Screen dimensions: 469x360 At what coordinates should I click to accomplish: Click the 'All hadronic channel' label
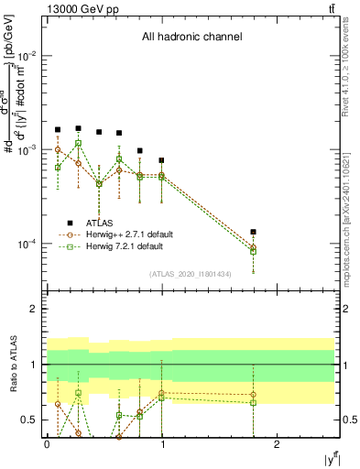(191, 38)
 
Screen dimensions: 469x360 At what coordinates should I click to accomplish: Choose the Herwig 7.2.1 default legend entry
(129, 246)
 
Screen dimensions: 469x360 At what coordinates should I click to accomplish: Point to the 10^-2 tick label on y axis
(27, 56)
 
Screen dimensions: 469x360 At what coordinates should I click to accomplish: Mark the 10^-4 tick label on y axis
(27, 244)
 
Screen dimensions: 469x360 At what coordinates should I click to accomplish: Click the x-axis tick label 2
(278, 444)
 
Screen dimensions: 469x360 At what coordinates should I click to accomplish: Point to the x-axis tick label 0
(46, 444)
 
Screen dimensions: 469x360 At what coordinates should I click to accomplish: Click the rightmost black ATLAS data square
(253, 233)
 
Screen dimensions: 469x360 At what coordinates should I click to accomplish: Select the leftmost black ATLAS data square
(58, 130)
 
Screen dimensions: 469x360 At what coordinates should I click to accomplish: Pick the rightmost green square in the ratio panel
(253, 403)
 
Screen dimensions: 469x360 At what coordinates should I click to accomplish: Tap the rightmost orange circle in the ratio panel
(253, 395)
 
